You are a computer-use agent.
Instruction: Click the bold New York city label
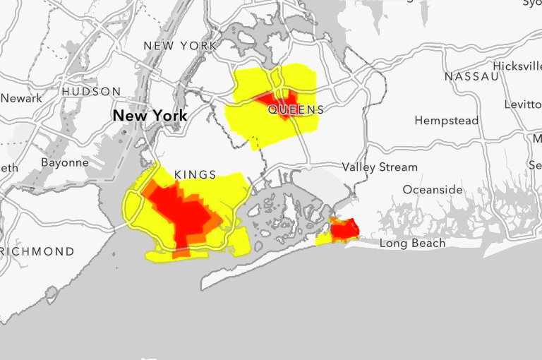tap(150, 115)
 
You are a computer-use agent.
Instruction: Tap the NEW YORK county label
tap(180, 46)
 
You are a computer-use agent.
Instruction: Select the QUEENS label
tap(296, 110)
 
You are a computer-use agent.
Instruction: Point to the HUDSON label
tap(91, 92)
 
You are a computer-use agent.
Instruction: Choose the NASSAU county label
tap(472, 76)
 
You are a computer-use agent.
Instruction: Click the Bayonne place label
tap(65, 162)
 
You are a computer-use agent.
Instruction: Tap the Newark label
tap(21, 98)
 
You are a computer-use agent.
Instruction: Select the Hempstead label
tap(446, 121)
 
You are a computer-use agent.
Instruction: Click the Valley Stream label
tap(380, 167)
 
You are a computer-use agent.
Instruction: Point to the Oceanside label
tap(433, 190)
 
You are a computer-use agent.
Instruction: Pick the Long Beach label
tap(413, 244)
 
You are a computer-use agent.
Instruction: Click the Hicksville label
tap(517, 66)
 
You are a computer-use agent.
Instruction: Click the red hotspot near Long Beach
tap(345, 229)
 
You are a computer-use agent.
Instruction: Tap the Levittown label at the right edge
tap(524, 104)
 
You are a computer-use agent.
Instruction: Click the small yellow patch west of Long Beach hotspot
tap(323, 240)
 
